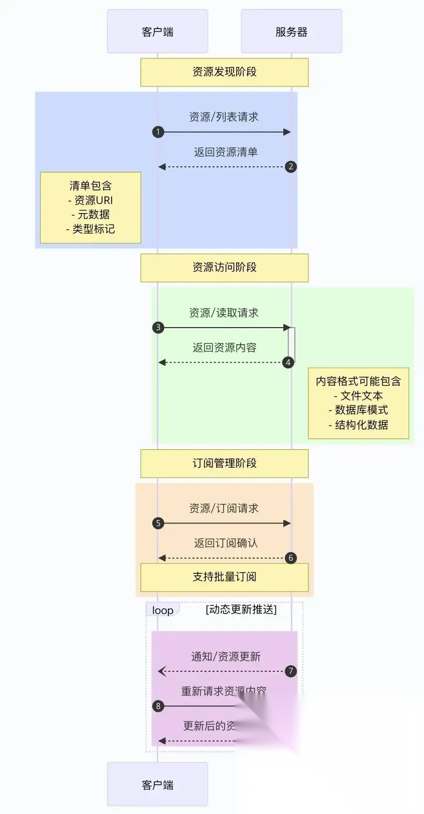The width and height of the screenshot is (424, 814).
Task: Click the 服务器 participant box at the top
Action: tap(291, 32)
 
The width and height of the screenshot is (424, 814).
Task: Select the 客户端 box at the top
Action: tap(157, 32)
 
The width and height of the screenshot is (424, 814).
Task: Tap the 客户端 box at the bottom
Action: tap(157, 784)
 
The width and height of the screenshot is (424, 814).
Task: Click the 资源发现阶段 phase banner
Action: tap(224, 72)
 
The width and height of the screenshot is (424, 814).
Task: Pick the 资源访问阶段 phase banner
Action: tap(224, 267)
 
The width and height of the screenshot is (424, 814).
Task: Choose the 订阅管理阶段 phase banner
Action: tap(224, 463)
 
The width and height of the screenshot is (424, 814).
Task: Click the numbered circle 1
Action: tap(158, 132)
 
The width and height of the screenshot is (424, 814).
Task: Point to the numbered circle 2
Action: tap(290, 167)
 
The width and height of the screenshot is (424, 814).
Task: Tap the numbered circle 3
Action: tap(158, 328)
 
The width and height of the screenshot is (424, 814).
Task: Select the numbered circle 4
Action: tap(288, 362)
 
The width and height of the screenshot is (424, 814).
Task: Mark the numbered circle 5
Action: tap(158, 523)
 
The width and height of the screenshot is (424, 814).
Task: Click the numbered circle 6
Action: tap(290, 558)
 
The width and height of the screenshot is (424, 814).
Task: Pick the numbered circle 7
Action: tap(290, 671)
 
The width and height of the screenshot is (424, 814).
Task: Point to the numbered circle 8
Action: tap(158, 706)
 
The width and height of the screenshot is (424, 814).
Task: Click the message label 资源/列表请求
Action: tap(224, 117)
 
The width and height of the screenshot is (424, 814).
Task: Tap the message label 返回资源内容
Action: tap(224, 348)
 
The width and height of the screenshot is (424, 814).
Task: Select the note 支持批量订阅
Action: tap(224, 577)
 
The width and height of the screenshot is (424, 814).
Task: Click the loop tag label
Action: tap(163, 610)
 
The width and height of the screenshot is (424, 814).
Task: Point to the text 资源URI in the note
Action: tap(93, 200)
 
